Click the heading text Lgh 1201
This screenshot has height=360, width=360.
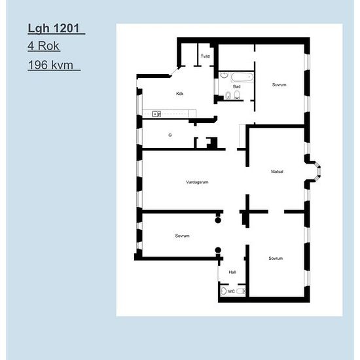pyautogui.click(x=56, y=29)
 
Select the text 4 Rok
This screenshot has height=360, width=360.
pyautogui.click(x=44, y=46)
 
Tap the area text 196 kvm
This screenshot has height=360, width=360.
pyautogui.click(x=53, y=65)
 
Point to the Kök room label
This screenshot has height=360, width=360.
pyautogui.click(x=180, y=94)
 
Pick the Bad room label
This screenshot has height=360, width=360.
pyautogui.click(x=236, y=86)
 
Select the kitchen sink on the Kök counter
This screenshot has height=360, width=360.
pyautogui.click(x=156, y=114)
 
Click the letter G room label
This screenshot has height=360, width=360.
pyautogui.click(x=170, y=135)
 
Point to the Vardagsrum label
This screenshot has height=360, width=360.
pyautogui.click(x=197, y=181)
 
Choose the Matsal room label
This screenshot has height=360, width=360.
pyautogui.click(x=277, y=171)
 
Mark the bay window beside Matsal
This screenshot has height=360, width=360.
pyautogui.click(x=315, y=171)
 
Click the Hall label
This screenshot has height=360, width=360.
pyautogui.click(x=232, y=272)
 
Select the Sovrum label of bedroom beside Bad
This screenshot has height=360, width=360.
pyautogui.click(x=279, y=85)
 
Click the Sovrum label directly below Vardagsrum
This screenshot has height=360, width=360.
pyautogui.click(x=182, y=236)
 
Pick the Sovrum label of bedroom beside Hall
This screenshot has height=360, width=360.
pyautogui.click(x=276, y=259)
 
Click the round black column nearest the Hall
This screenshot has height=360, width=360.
pyautogui.click(x=219, y=249)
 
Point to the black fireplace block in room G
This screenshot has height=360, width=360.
pyautogui.click(x=211, y=142)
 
